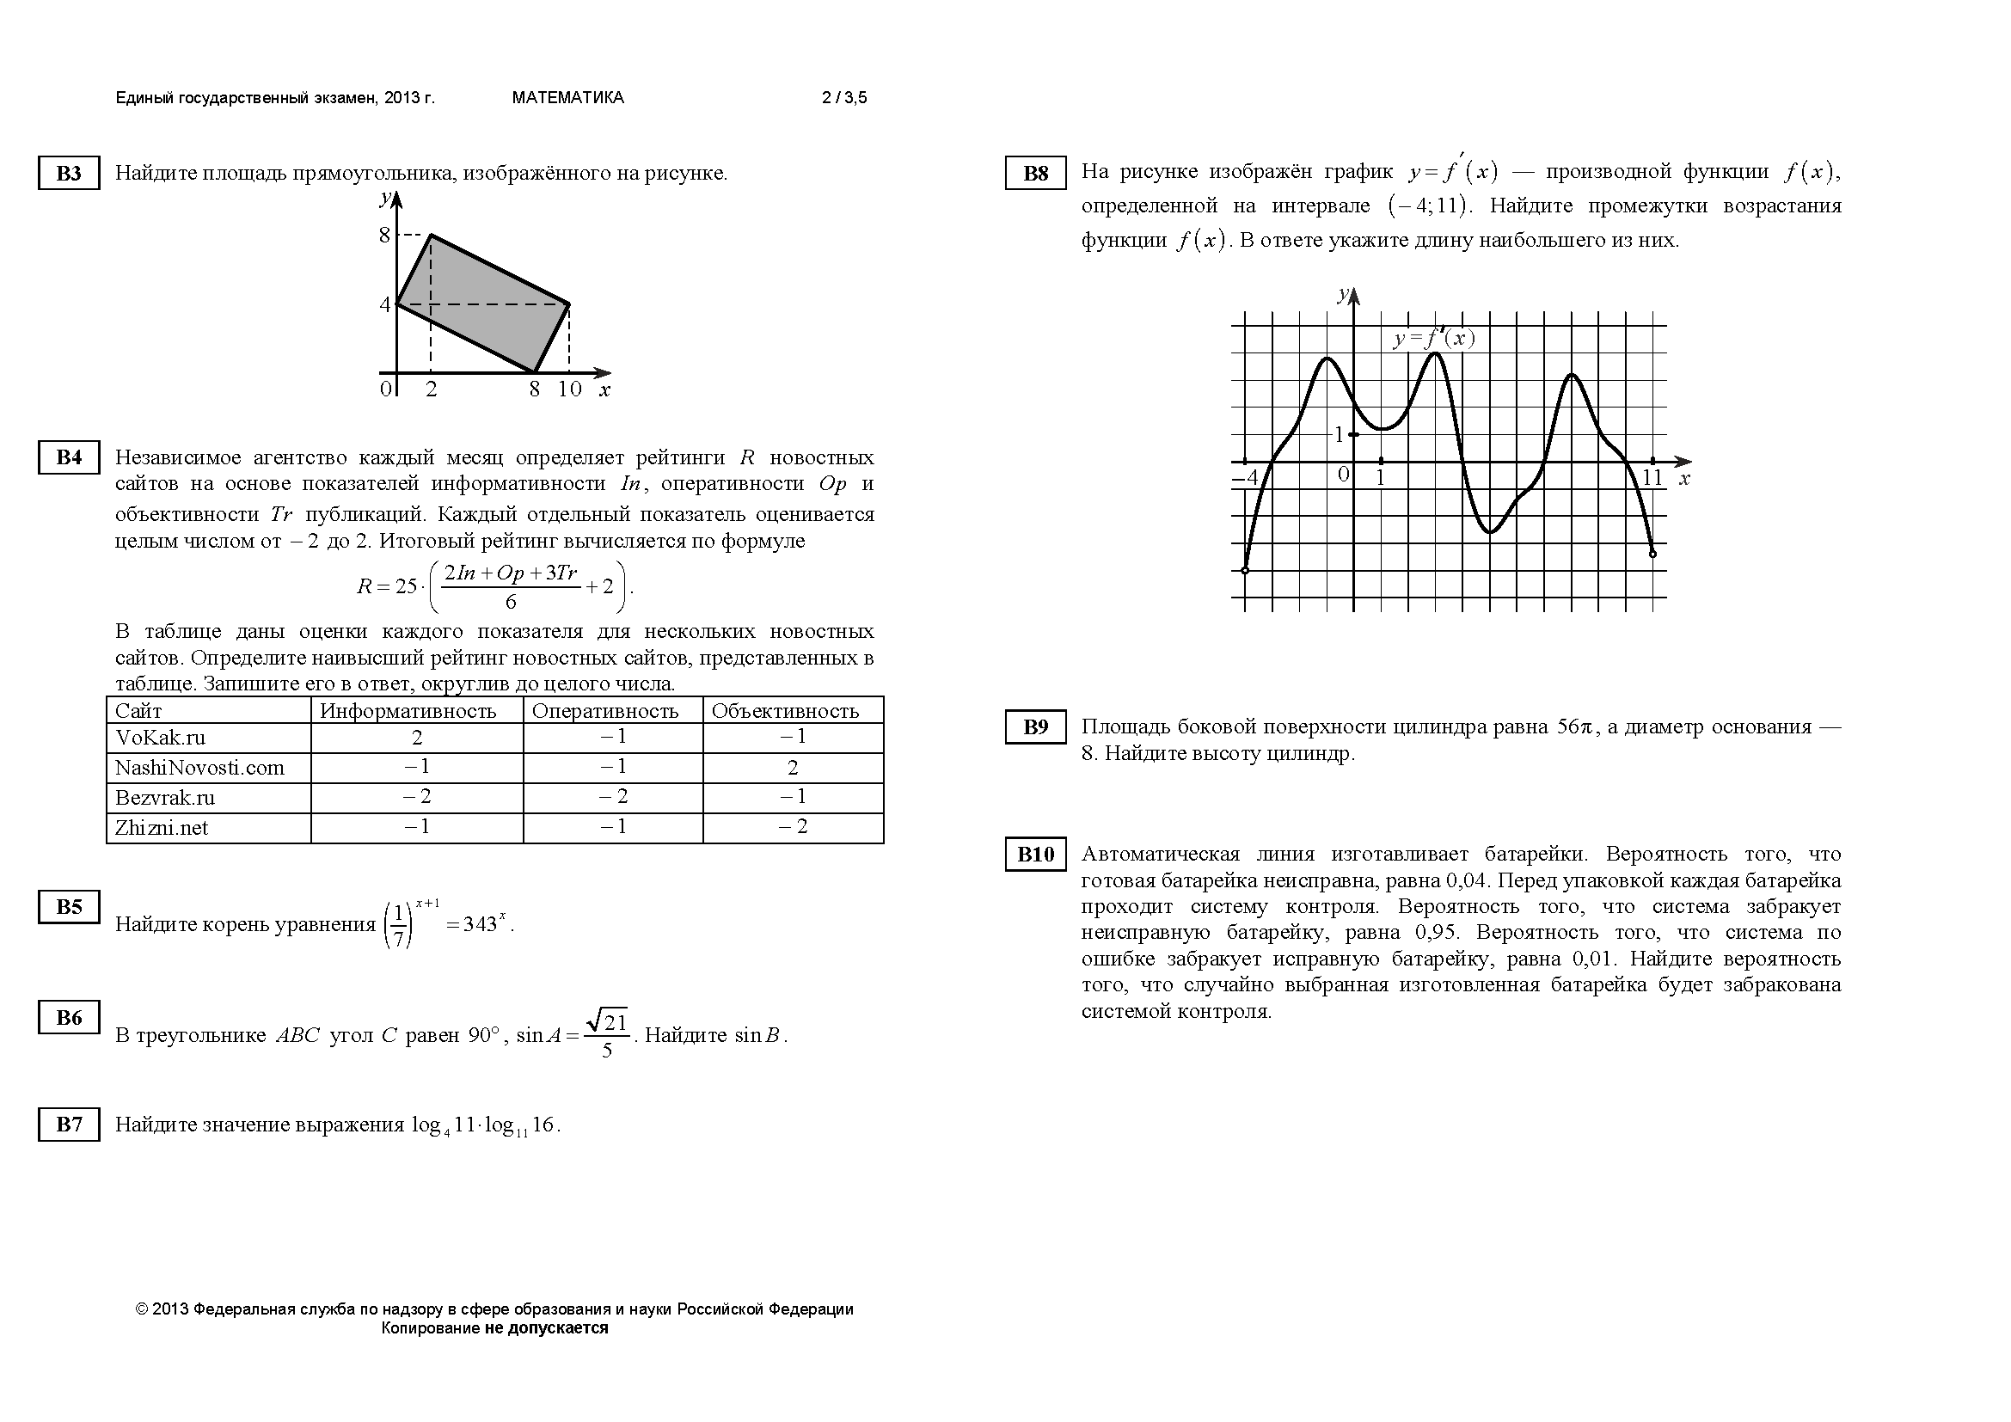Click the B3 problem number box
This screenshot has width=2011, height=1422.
coord(68,174)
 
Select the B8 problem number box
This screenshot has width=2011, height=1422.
coord(1035,174)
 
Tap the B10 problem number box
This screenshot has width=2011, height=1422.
coord(1035,855)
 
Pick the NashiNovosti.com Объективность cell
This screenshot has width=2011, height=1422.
coord(793,768)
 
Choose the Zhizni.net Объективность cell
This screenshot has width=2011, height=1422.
coord(793,827)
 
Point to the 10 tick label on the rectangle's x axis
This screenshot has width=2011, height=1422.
coord(569,389)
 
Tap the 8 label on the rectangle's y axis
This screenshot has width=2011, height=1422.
coord(383,235)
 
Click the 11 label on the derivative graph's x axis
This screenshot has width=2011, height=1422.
coord(1652,478)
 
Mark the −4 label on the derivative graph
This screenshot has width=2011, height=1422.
coord(1246,478)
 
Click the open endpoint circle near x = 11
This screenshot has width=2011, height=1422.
coord(1652,554)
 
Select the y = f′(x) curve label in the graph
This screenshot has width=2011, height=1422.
coord(1434,339)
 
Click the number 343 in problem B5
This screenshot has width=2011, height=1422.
coord(480,926)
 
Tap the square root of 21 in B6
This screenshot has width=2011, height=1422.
coord(607,1021)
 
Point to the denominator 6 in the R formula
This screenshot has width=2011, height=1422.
coord(511,602)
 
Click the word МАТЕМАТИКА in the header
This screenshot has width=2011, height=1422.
coord(567,98)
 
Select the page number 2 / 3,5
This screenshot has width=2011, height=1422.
coord(844,98)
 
